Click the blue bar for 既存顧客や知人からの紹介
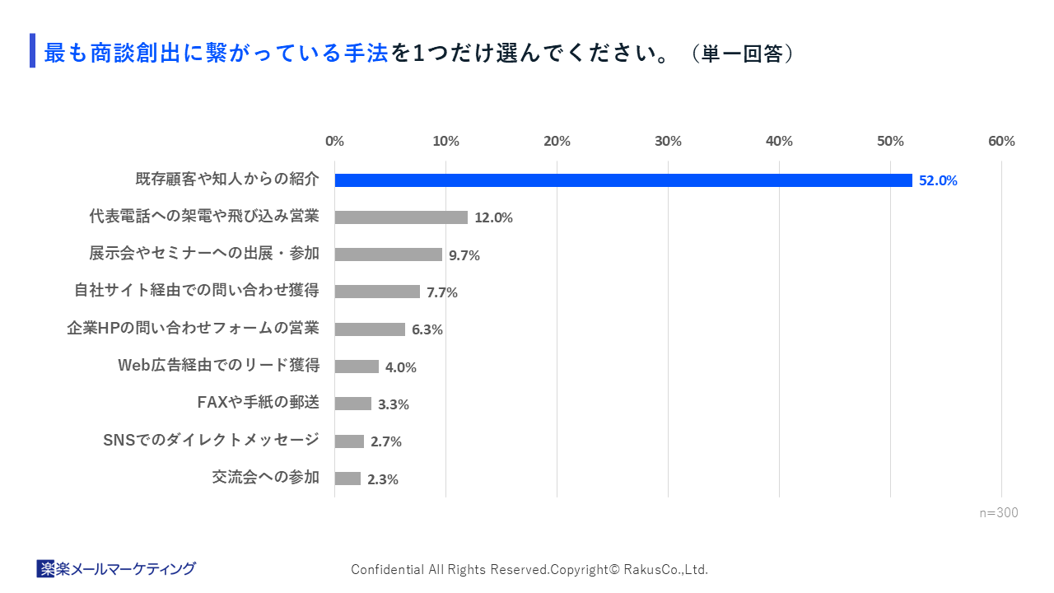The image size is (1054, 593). click(623, 180)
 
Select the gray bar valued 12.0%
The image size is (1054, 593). click(401, 217)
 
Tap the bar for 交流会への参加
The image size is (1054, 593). click(347, 479)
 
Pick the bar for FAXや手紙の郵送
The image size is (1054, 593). click(353, 404)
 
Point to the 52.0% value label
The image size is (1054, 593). click(938, 181)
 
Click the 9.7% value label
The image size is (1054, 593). click(464, 255)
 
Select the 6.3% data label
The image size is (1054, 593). click(427, 329)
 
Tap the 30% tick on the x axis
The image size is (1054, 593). click(668, 141)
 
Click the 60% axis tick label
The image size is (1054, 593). click(1001, 141)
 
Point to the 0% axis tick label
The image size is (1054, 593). click(334, 141)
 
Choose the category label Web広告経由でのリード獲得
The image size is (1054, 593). click(218, 365)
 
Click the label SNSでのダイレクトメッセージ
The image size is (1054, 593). click(211, 440)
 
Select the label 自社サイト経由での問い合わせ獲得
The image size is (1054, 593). click(196, 290)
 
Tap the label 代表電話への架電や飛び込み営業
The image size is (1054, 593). click(203, 216)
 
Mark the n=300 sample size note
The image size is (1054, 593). click(998, 513)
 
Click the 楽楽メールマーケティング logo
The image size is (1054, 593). click(116, 568)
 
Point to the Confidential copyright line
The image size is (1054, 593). click(529, 569)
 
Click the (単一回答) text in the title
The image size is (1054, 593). click(742, 54)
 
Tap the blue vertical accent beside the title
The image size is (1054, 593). click(32, 50)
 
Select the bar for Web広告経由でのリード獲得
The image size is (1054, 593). click(357, 367)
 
